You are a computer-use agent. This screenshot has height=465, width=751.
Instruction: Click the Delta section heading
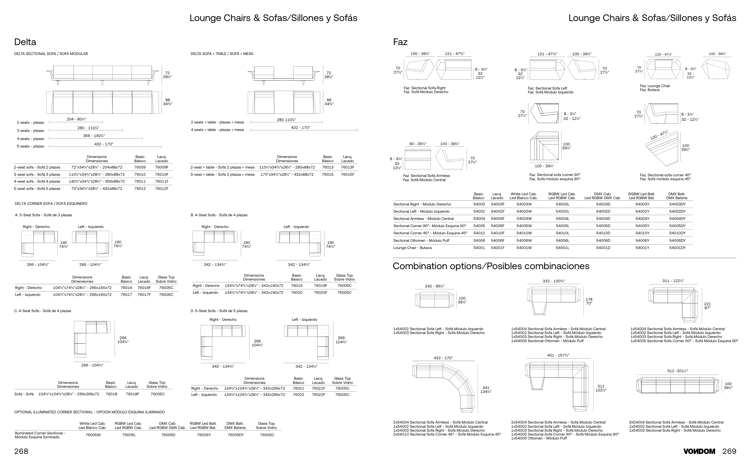pos(25,42)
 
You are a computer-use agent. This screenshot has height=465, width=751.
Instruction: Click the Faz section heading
pos(400,42)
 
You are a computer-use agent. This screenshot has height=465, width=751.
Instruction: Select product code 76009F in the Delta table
pos(161,167)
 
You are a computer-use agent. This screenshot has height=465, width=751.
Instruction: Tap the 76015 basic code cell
pos(327,174)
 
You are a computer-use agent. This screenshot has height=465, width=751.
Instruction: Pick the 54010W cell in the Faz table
pos(524,233)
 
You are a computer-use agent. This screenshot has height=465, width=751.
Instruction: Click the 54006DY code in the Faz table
pos(677,241)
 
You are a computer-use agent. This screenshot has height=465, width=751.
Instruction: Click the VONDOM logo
pos(699,451)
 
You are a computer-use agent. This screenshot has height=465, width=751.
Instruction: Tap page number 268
pos(21,451)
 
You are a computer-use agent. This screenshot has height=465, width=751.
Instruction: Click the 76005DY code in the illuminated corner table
pos(236,435)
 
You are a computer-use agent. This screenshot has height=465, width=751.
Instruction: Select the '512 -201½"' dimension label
pos(677,371)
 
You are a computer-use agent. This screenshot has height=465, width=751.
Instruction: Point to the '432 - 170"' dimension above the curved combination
pos(443,358)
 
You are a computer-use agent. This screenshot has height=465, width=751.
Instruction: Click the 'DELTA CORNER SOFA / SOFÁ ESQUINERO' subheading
pos(51,204)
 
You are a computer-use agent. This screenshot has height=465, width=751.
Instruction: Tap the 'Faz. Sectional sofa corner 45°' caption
pos(665,175)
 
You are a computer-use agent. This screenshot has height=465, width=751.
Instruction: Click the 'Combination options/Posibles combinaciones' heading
pos(491,266)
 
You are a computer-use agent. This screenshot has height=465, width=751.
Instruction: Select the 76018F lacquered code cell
pos(132,394)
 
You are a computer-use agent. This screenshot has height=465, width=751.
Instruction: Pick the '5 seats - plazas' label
pos(30,146)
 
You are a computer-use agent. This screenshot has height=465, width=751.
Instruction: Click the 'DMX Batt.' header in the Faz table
pos(677,194)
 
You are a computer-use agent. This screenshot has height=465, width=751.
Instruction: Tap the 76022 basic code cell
pos(298,395)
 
